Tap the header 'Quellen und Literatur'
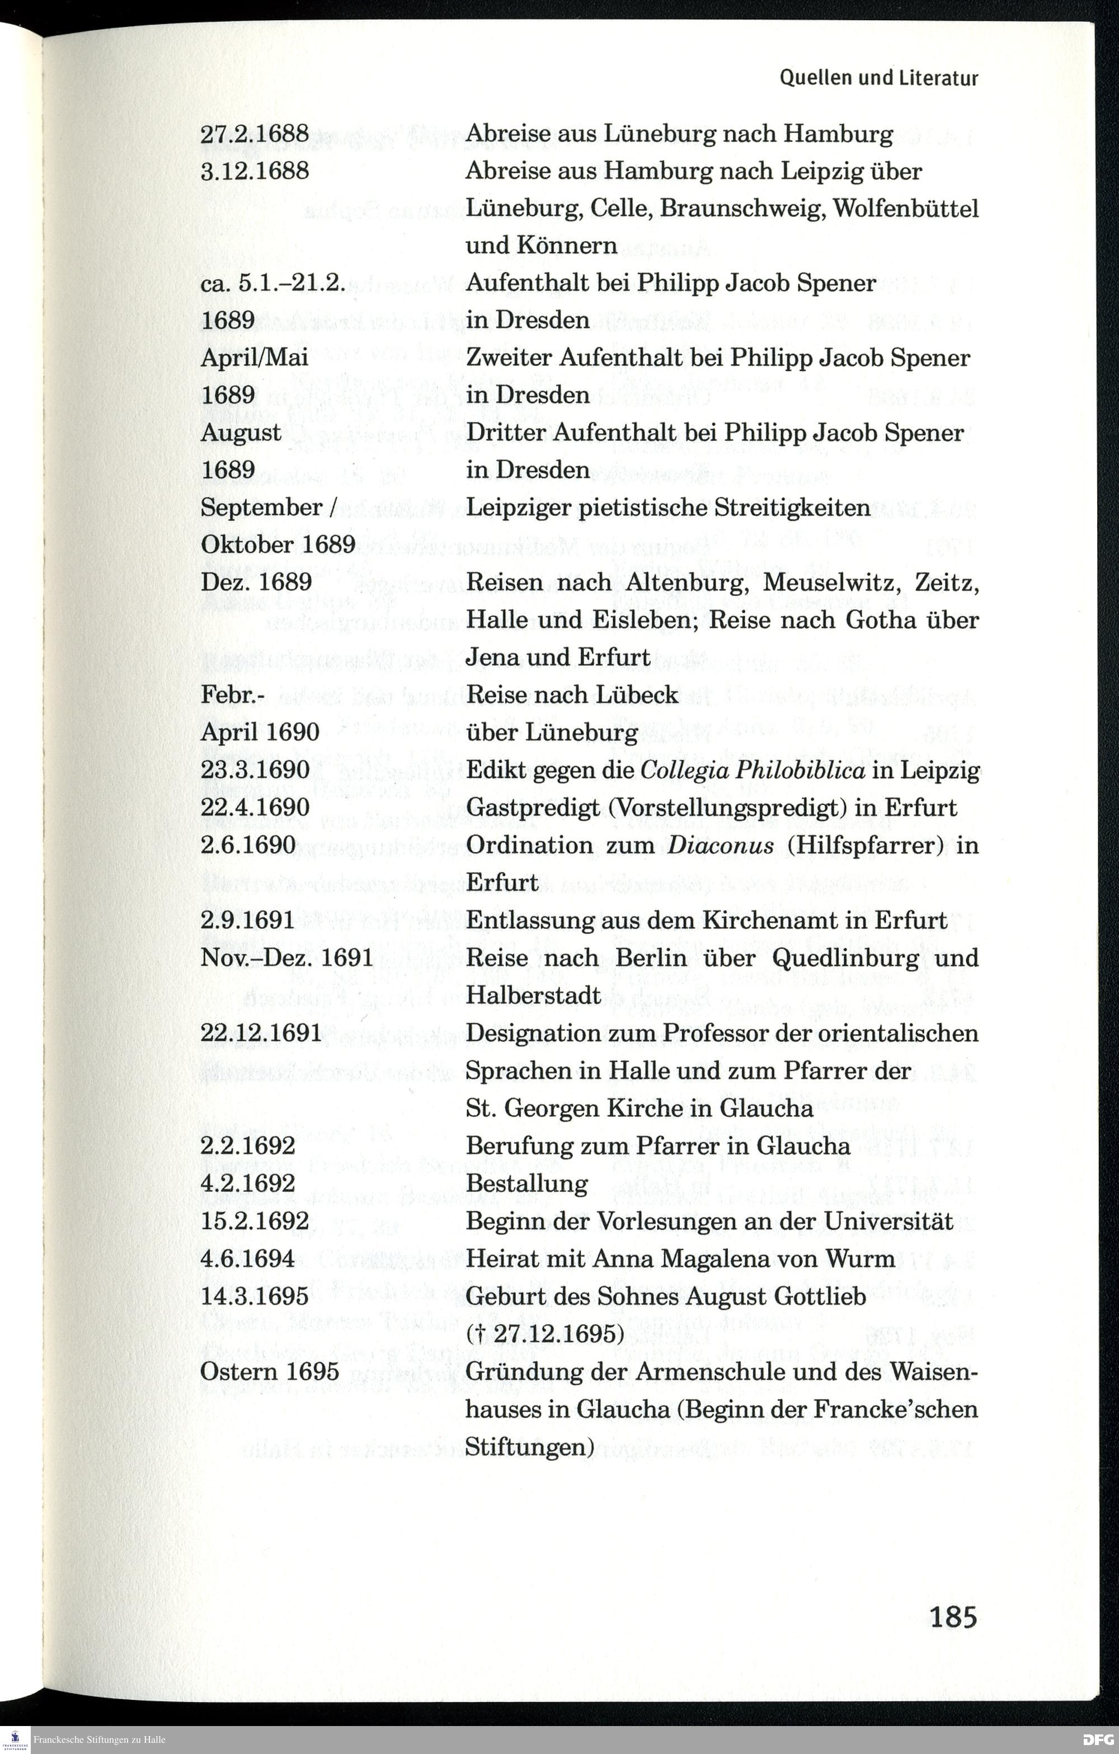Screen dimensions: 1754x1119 point(878,78)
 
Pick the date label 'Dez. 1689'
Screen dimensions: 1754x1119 point(256,581)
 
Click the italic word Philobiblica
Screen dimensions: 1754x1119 point(800,770)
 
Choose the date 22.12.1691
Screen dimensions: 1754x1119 point(261,1033)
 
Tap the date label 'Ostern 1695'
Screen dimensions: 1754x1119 point(270,1371)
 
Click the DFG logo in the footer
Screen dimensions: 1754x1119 point(1099,1740)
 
